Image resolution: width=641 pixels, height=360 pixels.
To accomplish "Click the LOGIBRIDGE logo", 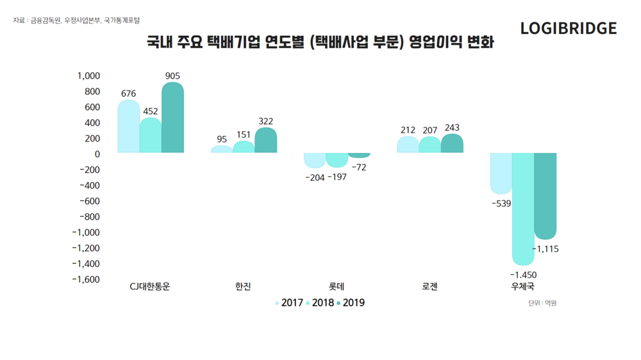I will coord(568,29).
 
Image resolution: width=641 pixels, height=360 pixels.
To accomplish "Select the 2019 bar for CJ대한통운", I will coord(172,118).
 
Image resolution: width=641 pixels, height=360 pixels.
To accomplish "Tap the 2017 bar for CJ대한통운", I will coord(128,127).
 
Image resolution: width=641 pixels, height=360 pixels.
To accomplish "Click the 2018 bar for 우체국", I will coord(522,209).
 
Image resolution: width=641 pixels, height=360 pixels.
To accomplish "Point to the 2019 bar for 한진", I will coord(265,141).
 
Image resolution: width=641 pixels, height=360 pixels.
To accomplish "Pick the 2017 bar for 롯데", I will coord(314,160).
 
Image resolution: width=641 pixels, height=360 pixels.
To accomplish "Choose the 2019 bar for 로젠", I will coord(452,144).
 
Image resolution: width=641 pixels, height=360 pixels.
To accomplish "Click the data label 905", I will coord(172,76).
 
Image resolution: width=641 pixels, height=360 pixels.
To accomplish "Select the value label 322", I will coord(265,121).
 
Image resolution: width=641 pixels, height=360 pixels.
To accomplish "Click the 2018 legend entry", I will coord(320,303).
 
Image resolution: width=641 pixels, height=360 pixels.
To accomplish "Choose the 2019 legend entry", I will coord(351,303).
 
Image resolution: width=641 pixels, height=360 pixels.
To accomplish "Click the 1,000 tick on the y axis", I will coord(88,76).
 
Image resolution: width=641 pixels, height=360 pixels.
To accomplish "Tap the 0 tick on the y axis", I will coord(97,154).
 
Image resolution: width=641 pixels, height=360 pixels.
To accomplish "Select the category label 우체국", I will coord(522,287).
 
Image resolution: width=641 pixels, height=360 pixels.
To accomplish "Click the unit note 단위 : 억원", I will coord(542,303).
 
